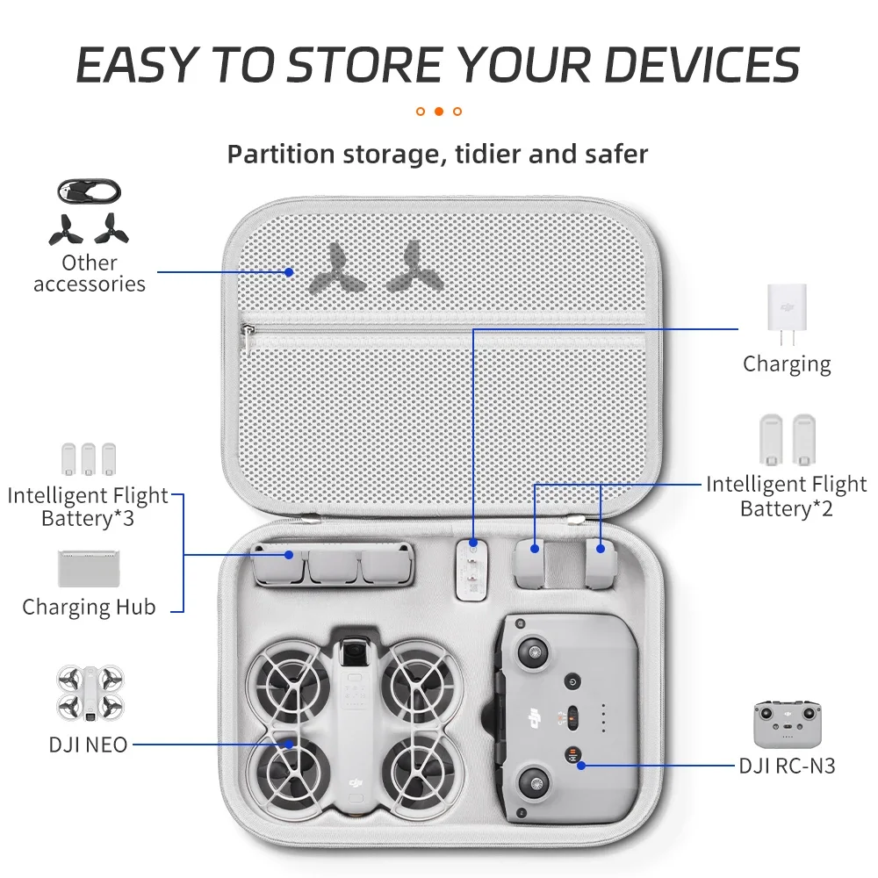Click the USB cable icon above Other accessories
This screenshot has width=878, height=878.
89,191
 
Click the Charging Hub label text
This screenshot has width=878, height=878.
89,607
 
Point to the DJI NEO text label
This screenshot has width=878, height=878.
88,745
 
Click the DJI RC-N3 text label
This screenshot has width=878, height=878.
786,766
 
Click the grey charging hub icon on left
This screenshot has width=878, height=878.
89,568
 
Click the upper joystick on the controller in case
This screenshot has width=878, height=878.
533,651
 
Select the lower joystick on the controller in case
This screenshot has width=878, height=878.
533,777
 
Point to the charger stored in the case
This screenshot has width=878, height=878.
473,571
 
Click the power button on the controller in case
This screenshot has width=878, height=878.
572,681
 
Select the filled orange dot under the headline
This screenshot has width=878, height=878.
439,112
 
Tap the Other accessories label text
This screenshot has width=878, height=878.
89,273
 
